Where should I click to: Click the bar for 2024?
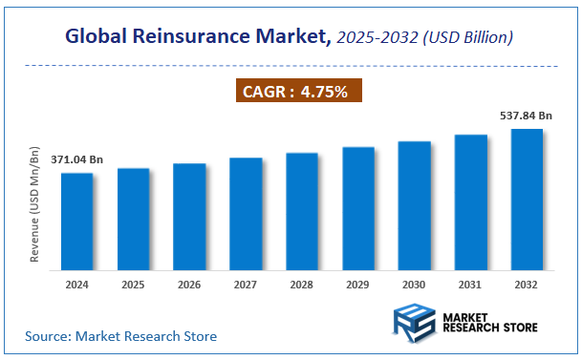pos(77,221)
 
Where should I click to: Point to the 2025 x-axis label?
pos(134,285)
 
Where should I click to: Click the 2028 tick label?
pos(302,285)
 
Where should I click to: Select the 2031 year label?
pos(470,285)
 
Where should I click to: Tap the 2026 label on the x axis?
pos(189,285)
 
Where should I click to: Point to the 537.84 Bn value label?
pos(527,116)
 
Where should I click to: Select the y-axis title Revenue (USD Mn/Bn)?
pos(34,205)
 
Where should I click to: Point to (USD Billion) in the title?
pos(466,37)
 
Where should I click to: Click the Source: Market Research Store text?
pos(120,336)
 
